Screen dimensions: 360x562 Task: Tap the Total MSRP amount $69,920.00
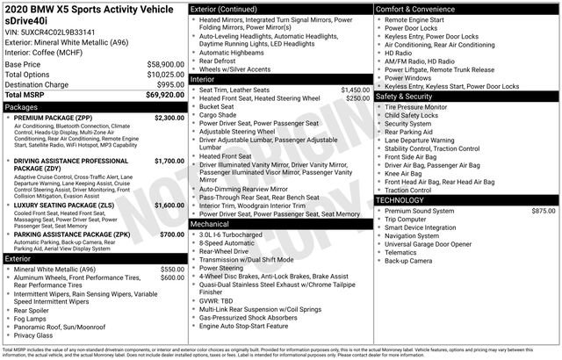click(164, 94)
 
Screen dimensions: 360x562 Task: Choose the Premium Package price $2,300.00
click(169, 117)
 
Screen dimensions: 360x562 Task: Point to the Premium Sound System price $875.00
click(543, 211)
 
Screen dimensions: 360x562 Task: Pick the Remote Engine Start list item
click(421, 18)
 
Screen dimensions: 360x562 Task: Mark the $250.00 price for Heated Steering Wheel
click(357, 98)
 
